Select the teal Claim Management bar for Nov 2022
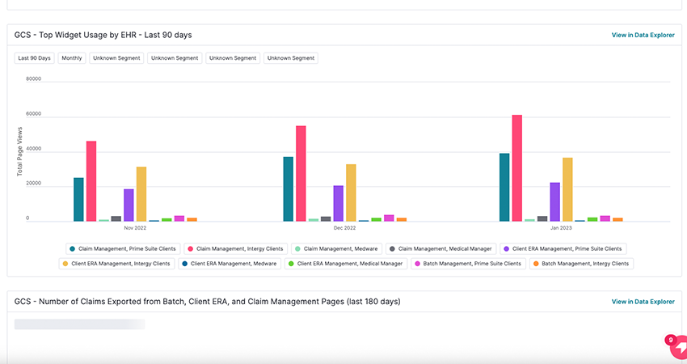[78, 200]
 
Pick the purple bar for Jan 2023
[554, 202]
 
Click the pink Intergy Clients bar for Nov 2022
[91, 181]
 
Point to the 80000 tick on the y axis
[33, 79]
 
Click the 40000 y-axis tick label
[33, 150]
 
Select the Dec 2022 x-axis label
[344, 229]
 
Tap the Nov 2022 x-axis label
[135, 229]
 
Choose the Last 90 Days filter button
[34, 58]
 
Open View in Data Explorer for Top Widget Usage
[643, 36]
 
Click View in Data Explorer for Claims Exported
[643, 302]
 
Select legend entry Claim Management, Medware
[336, 249]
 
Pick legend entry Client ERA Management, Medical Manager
[344, 264]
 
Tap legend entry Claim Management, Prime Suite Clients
[123, 249]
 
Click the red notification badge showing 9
[670, 341]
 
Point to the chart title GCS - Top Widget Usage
[103, 35]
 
